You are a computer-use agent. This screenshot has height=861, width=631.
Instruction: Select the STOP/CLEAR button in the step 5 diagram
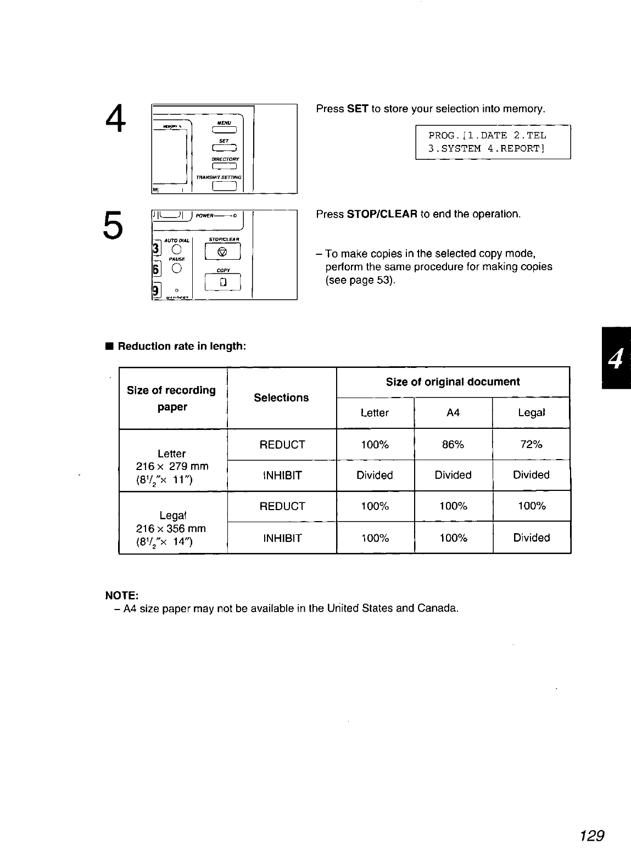222,253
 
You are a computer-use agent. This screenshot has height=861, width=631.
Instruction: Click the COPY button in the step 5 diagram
222,282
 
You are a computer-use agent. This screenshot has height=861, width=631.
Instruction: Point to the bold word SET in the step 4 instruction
357,109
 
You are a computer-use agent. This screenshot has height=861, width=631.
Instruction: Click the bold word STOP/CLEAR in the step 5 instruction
383,214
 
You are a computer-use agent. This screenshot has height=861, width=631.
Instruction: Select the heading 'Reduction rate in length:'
182,346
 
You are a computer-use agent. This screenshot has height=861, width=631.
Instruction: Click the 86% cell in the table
453,444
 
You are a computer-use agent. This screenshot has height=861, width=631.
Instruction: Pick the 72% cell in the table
531,444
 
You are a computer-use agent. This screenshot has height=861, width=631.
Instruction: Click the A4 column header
453,413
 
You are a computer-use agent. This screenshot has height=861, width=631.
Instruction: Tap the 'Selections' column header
281,398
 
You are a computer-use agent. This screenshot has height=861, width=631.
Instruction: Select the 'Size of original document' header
453,382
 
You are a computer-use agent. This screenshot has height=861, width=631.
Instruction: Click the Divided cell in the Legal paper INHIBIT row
531,538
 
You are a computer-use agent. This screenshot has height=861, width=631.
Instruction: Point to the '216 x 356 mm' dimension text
171,529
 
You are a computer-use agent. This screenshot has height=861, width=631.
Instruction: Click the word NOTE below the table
121,596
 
